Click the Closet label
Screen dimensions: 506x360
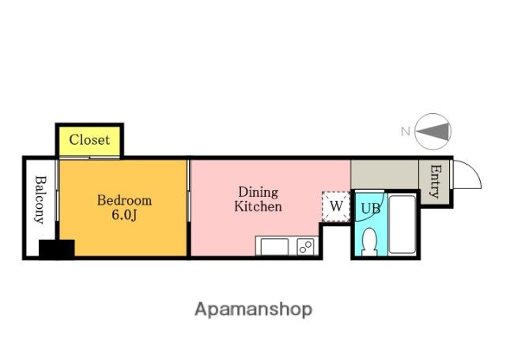[89, 140]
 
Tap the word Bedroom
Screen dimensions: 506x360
[125, 200]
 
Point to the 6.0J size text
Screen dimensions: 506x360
[124, 214]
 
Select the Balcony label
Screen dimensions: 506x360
[40, 200]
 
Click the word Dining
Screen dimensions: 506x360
[259, 193]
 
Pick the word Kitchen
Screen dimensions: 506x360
[259, 207]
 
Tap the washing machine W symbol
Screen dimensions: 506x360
[336, 207]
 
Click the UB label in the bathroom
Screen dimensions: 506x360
[371, 209]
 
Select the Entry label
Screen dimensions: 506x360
[435, 181]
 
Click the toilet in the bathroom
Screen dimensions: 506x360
[370, 241]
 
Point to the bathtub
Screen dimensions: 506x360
[402, 225]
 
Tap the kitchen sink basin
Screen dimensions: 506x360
[274, 247]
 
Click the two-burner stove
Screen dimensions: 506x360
[305, 247]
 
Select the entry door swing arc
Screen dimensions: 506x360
[473, 169]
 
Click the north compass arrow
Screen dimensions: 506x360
[432, 131]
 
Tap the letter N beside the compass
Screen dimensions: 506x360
[406, 131]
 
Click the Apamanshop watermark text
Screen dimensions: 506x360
[253, 310]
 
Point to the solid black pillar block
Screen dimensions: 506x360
[57, 249]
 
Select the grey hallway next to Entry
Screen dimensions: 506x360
[384, 174]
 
